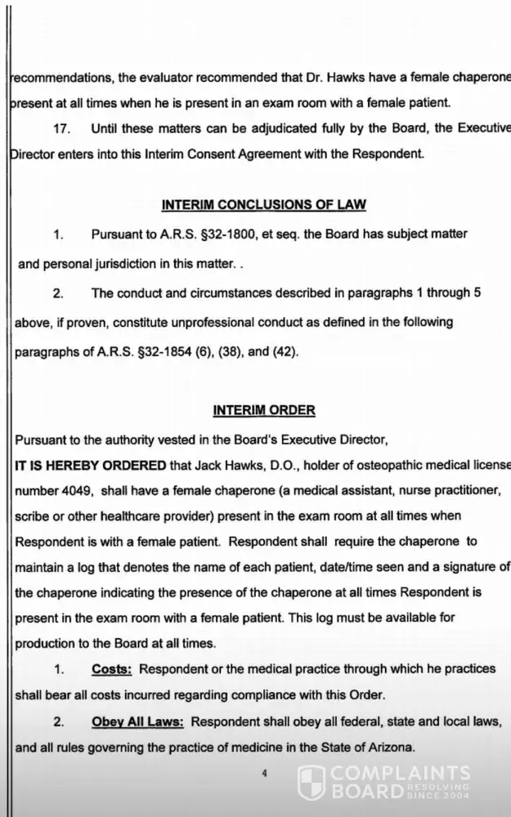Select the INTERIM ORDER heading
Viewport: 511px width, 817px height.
tap(263, 409)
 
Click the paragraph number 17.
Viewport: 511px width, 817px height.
tap(61, 128)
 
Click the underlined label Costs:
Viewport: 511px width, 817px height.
tap(112, 669)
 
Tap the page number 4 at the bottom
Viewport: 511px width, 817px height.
tap(264, 775)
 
